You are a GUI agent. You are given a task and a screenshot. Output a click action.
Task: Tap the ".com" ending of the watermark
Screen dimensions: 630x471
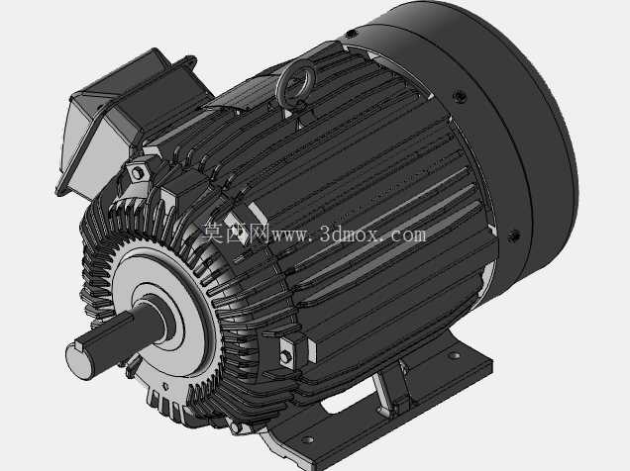point(403,235)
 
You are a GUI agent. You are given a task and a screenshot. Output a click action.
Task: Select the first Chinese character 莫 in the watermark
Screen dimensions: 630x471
point(213,233)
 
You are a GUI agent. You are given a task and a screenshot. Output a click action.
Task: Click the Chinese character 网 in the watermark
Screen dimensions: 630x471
point(259,234)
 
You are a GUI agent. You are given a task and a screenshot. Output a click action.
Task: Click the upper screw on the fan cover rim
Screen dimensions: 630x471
point(460,95)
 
